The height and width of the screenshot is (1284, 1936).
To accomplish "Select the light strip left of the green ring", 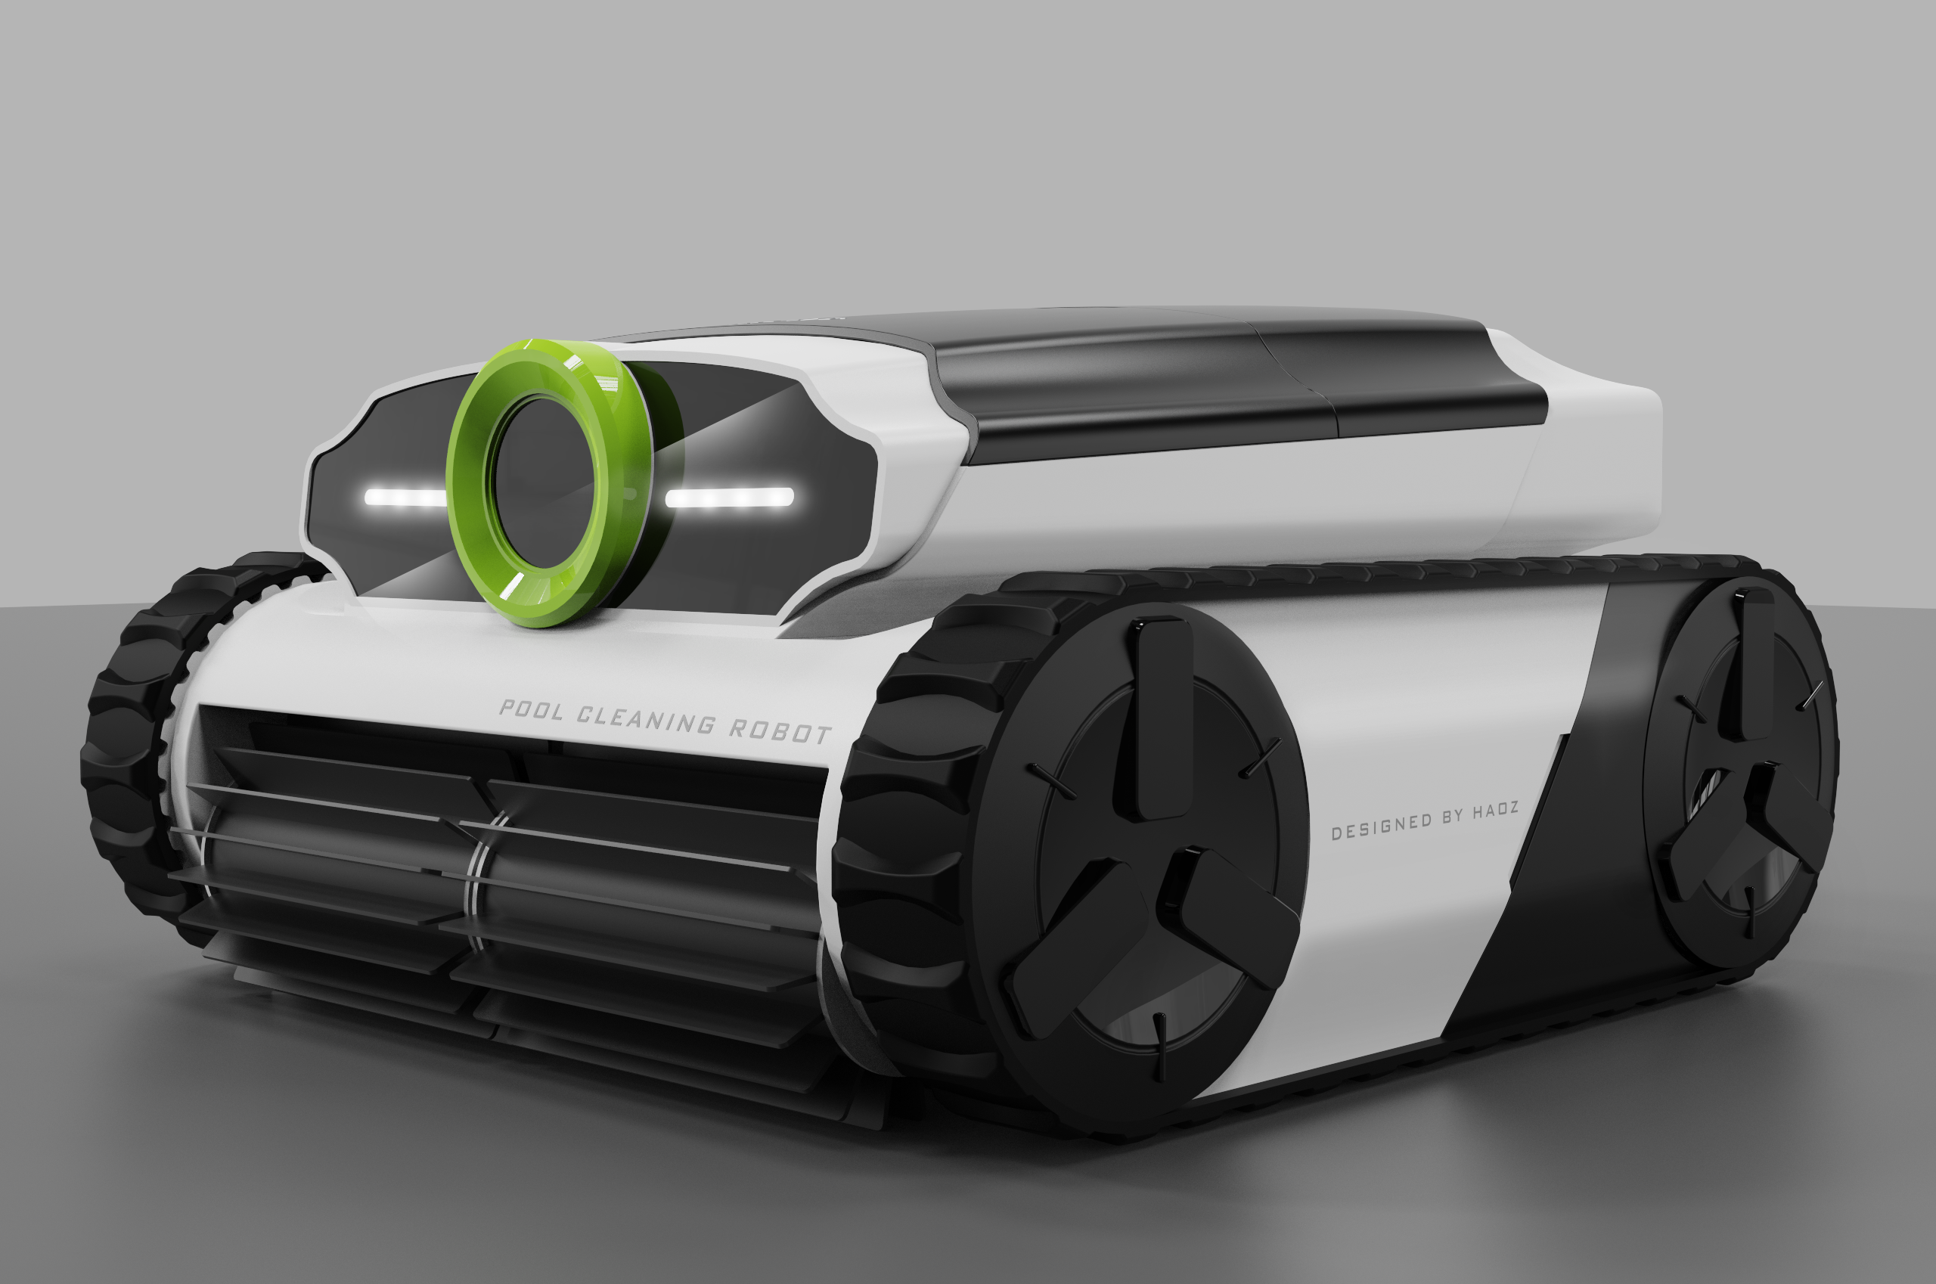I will [405, 497].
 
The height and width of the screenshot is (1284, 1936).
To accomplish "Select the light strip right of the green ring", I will [729, 497].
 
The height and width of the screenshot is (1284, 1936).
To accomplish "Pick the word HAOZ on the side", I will [1495, 810].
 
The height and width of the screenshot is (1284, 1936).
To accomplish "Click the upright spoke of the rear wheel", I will [1752, 663].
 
